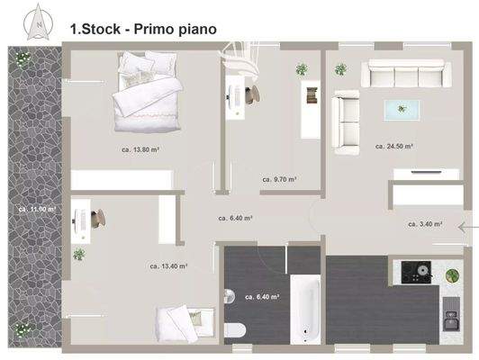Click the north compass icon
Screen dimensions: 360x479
pos(39,22)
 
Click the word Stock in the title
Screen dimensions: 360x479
pos(100,30)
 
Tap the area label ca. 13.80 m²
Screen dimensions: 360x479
pos(139,150)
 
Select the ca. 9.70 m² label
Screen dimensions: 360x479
pos(279,179)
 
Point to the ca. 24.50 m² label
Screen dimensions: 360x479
pos(394,146)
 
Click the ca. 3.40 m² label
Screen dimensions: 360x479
pos(425,224)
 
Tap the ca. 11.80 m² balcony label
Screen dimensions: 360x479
pos(36,209)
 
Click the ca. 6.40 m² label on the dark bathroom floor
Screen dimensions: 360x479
pos(262,295)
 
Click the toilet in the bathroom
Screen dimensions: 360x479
pos(237,330)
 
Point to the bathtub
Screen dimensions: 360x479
pos(304,310)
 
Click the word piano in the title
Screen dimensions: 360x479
pos(191,30)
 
